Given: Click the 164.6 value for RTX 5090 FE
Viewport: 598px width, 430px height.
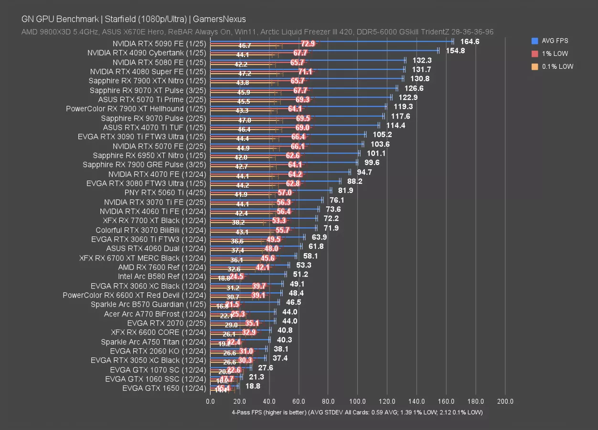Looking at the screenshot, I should tap(470, 42).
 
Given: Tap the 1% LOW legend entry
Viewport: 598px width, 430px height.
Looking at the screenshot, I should tap(555, 54).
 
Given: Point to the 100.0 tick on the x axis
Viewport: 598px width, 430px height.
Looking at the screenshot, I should tap(358, 402).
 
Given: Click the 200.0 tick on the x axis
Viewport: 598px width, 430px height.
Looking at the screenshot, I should tap(505, 402).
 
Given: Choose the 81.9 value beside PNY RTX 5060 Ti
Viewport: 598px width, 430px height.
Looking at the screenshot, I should tap(345, 191).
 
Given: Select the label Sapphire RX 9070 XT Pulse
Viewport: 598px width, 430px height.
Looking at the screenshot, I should tap(148, 90).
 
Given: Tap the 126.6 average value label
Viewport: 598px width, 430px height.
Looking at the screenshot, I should tap(414, 88).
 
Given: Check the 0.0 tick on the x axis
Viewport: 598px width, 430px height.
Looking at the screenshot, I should tap(210, 402).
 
